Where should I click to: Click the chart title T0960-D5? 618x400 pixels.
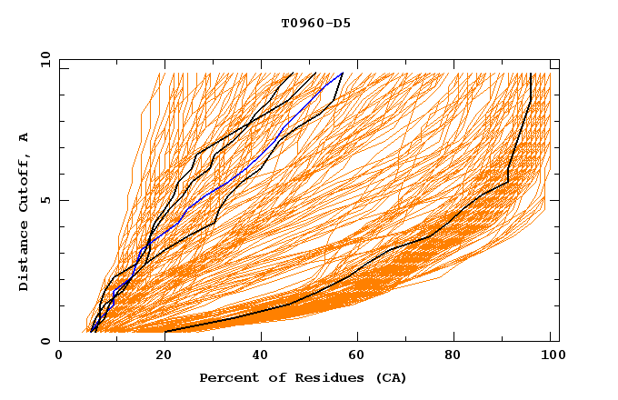(315, 23)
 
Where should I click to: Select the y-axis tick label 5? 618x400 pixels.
(48, 200)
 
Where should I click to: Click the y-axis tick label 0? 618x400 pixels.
(48, 341)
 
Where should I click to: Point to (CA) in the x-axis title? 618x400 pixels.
(391, 377)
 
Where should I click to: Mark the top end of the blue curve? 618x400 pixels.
(343, 74)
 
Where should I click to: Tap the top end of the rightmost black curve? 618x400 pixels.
(531, 74)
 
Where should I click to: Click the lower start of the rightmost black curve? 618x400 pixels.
(165, 332)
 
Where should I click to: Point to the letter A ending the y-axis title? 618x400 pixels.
(24, 136)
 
